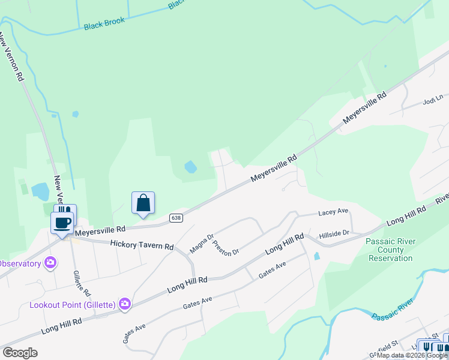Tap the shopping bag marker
(143, 203)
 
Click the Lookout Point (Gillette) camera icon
(125, 304)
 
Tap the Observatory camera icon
(50, 263)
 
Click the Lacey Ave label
(333, 212)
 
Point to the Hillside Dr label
(334, 233)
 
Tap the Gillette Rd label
(82, 284)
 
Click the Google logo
(20, 353)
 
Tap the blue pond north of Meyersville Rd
(190, 166)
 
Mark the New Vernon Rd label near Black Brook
(11, 57)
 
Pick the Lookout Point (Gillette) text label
(73, 305)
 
